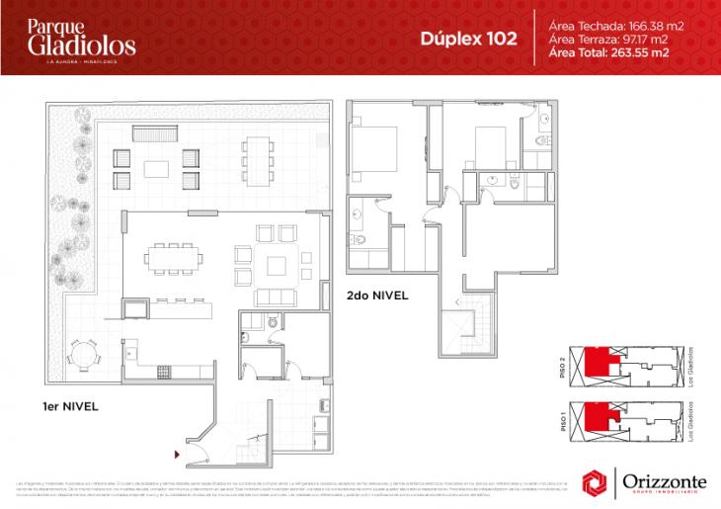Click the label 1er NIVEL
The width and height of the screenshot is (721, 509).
click(68, 406)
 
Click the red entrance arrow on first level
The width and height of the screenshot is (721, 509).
click(177, 455)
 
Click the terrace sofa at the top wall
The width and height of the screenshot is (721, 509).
click(153, 133)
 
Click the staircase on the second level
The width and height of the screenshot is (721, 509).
click(463, 326)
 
